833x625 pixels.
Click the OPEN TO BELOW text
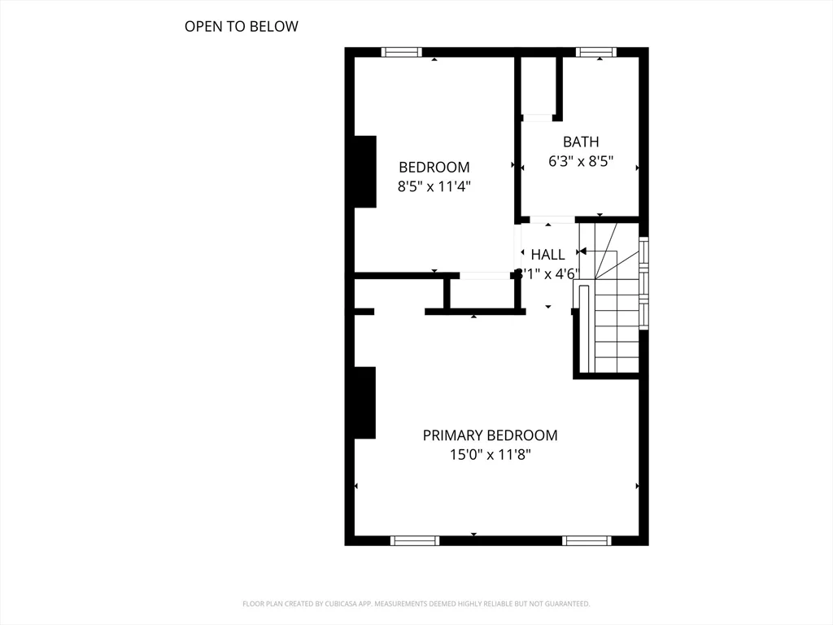click(241, 26)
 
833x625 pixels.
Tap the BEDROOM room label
click(434, 167)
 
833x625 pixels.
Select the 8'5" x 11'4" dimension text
click(434, 186)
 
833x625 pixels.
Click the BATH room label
click(580, 142)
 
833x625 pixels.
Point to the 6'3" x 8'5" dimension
click(580, 161)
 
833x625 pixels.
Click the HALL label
click(547, 255)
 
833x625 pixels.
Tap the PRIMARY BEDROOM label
click(490, 435)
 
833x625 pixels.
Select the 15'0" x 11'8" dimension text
click(490, 455)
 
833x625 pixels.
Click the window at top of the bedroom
click(402, 52)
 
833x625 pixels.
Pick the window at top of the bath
click(596, 52)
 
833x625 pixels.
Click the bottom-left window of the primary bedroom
click(415, 540)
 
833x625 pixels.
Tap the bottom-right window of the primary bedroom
click(587, 540)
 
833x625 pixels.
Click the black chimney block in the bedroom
click(365, 172)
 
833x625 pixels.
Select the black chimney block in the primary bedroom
click(365, 402)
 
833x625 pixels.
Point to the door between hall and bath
click(552, 220)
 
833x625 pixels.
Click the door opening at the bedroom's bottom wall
click(486, 276)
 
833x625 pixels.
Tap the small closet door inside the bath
click(538, 118)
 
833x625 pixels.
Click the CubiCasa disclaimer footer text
click(416, 604)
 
